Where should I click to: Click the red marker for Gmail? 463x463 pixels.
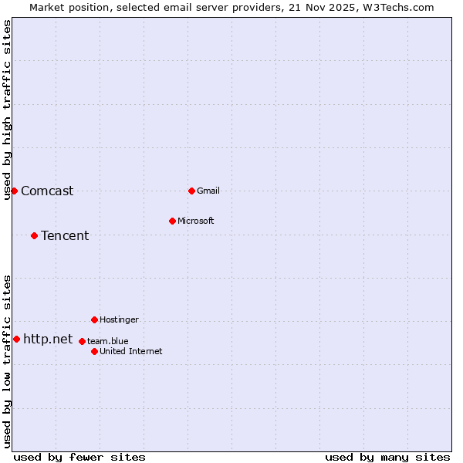[x=191, y=191]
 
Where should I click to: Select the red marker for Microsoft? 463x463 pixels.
[x=172, y=221]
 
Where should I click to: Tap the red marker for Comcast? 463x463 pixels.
[x=14, y=191]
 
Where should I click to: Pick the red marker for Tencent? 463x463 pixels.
[x=34, y=235]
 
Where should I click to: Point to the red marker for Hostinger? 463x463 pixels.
[x=94, y=319]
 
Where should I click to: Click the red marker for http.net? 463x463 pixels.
[x=16, y=339]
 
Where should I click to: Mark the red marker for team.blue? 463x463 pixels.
[x=82, y=341]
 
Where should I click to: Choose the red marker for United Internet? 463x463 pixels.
[x=94, y=351]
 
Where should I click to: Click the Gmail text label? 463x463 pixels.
[x=208, y=191]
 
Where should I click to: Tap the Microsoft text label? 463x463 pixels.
[x=196, y=221]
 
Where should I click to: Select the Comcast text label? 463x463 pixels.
[x=47, y=191]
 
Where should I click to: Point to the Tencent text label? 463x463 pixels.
[x=65, y=236]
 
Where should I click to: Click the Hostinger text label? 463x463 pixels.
[x=119, y=319]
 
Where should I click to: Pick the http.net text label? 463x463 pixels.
[x=48, y=340]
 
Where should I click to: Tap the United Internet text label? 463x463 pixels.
[x=131, y=351]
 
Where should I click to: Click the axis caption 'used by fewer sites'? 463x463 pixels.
[x=79, y=457]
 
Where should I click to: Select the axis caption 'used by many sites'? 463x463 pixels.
[x=387, y=457]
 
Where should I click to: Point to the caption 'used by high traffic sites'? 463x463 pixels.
[x=7, y=110]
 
